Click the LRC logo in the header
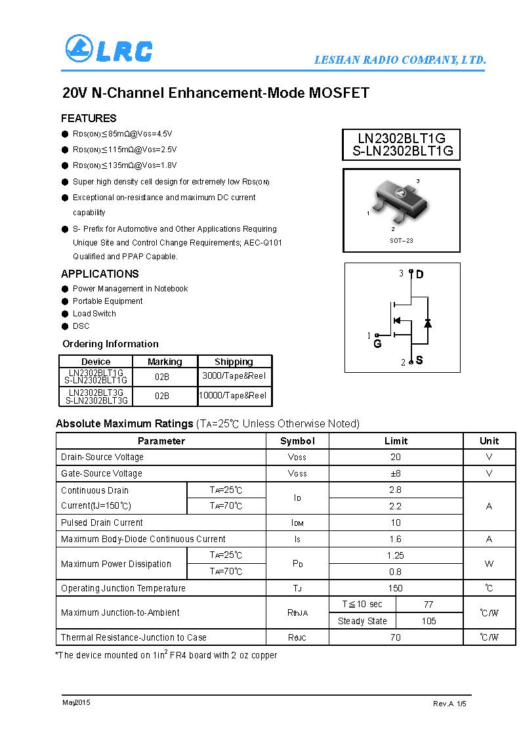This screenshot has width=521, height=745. point(109,51)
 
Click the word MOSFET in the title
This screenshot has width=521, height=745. point(339,93)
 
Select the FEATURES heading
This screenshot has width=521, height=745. point(89,118)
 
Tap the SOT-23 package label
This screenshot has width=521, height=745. point(401,241)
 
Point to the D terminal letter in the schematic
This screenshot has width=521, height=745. point(420,274)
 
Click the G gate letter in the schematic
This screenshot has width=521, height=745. point(377,344)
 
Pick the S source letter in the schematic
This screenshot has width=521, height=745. point(419,360)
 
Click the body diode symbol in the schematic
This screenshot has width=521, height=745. point(428,322)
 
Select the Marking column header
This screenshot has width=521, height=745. point(165,362)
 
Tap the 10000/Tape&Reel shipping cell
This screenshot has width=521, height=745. point(234,395)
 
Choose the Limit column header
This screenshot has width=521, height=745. point(396,441)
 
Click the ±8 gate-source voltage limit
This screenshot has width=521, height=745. point(395,473)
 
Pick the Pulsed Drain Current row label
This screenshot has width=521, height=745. point(102,522)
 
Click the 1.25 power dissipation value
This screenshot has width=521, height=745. point(395,555)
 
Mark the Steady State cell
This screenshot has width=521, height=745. point(362,621)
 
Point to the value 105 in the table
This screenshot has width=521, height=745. point(428,621)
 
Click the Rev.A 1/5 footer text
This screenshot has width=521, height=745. point(449,704)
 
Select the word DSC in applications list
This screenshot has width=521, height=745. point(81,326)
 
